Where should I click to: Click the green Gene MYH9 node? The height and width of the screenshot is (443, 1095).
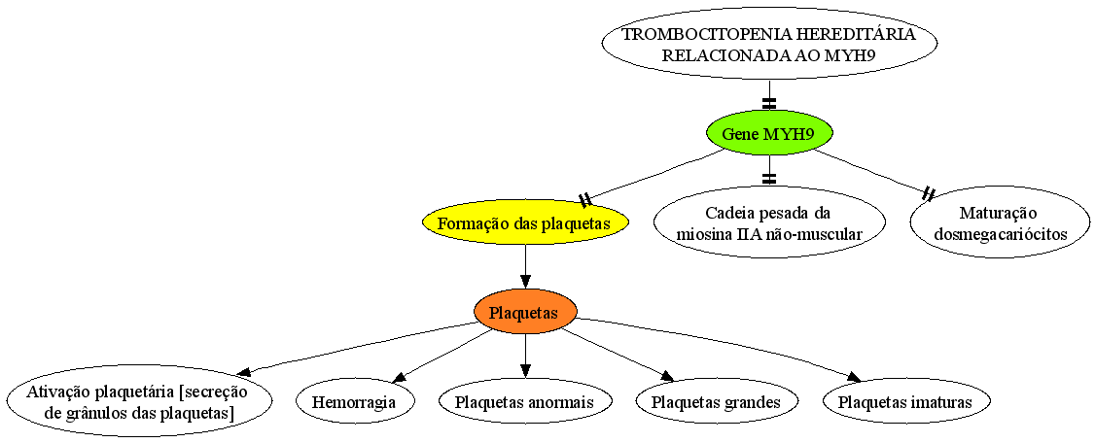point(769,133)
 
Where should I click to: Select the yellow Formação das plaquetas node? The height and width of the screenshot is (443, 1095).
point(525,224)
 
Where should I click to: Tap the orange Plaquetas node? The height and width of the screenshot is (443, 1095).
point(525,313)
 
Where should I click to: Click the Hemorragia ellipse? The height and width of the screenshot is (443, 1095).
point(355,402)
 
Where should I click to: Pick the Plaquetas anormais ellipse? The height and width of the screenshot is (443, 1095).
point(525,402)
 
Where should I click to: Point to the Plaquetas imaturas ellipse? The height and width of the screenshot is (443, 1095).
point(906,402)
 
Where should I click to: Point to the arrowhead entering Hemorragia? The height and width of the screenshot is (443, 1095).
point(400,377)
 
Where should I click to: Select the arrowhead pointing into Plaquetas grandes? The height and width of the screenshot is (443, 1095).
point(667,377)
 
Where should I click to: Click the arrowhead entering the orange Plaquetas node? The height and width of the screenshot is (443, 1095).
point(525,283)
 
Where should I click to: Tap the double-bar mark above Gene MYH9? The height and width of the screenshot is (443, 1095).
point(769,103)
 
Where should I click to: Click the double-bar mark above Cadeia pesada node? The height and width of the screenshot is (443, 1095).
point(769,178)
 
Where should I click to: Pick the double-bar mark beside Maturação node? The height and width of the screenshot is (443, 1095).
point(929,192)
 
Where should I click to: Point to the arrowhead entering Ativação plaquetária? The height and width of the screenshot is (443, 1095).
point(245,371)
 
